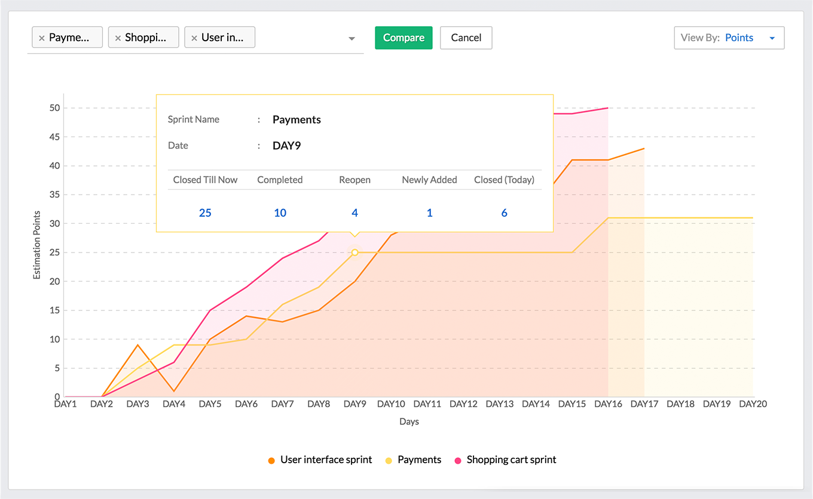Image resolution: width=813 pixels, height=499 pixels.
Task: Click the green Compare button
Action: coord(404,38)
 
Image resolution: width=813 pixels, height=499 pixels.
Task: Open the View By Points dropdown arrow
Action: coord(772,38)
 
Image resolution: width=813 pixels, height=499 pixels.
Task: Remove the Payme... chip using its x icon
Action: coord(42,38)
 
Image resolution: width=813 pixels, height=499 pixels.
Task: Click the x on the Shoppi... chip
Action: coord(118,38)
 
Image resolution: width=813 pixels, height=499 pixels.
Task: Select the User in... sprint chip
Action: coord(219,37)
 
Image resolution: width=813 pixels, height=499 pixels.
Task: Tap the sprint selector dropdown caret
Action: coord(352,38)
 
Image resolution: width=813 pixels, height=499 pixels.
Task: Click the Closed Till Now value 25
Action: coord(205,212)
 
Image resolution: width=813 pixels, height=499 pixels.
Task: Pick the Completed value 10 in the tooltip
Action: coord(280,212)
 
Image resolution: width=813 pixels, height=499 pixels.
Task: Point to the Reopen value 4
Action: coord(355,212)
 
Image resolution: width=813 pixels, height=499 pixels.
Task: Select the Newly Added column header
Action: coord(429,180)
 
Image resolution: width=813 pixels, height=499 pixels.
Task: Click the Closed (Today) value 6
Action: coord(504,212)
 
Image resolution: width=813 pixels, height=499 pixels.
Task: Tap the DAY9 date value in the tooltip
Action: coord(287,146)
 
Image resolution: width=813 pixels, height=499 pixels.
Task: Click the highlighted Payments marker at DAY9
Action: coord(355,252)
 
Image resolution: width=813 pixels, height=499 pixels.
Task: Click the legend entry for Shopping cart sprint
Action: coord(505,460)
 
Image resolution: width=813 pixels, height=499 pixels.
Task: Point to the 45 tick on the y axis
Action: coord(55,137)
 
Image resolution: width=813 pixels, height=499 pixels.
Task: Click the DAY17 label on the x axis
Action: coord(644,404)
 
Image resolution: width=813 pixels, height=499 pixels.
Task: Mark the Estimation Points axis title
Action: coord(36,245)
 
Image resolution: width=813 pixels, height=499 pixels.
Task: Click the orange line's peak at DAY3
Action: coord(138,345)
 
